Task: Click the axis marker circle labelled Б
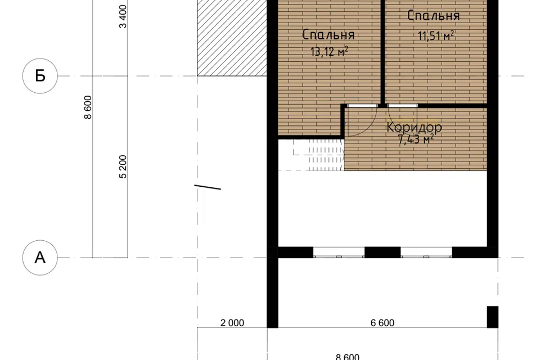pos(40,76)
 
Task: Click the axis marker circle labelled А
pos(40,257)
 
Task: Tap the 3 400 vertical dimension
pos(123,16)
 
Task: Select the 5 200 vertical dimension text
pos(123,166)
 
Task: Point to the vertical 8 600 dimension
pos(88,107)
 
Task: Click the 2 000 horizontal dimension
pos(232,323)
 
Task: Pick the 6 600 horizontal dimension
pos(382,323)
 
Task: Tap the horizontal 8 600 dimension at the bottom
pos(348,357)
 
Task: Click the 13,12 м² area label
pos(329,52)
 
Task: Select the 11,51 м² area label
pos(435,35)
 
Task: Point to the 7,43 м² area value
pos(415,139)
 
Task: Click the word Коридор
pos(414,127)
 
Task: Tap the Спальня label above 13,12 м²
pos(328,34)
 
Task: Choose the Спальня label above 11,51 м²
pos(433,16)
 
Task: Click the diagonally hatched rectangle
pos(232,38)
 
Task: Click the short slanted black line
pos(208,187)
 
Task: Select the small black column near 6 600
pos(493,317)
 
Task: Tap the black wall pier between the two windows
pos(382,253)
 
